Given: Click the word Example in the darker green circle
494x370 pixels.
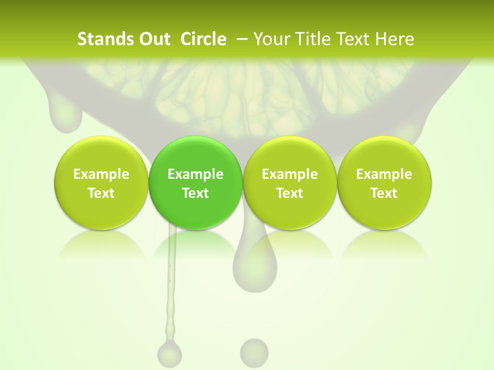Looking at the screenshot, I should [x=196, y=174].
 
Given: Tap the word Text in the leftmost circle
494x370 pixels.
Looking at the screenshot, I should [x=101, y=193].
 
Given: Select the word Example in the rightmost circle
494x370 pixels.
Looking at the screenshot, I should [x=384, y=174].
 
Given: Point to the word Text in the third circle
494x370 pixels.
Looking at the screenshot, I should [x=290, y=193].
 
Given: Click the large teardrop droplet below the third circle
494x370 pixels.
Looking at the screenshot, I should [x=255, y=265].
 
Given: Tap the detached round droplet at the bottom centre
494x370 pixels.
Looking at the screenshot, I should [x=254, y=353].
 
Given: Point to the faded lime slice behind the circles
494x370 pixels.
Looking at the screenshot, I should [x=247, y=92].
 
